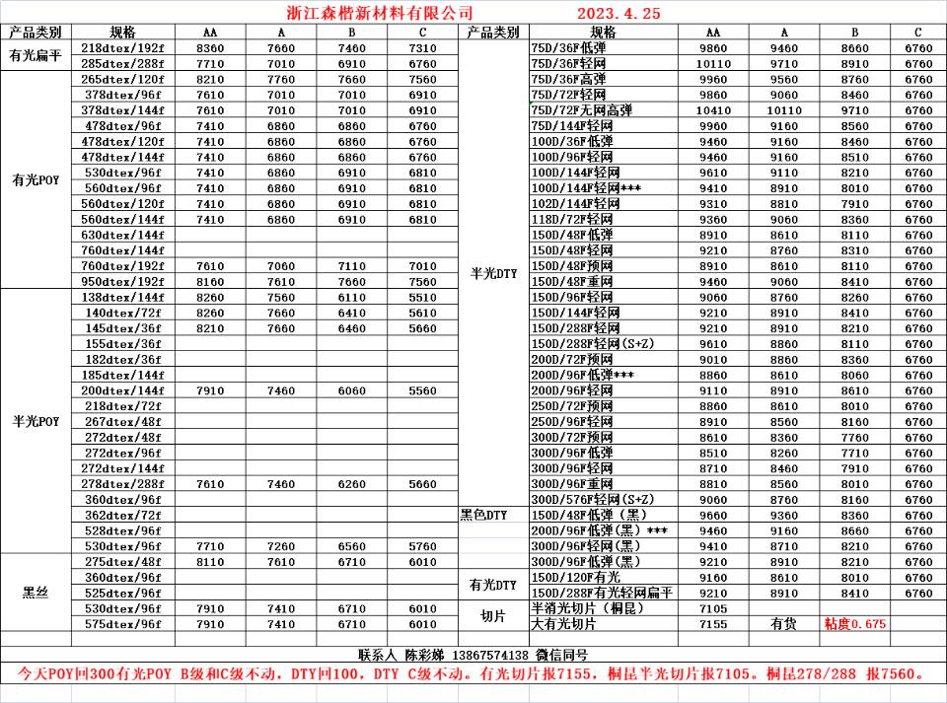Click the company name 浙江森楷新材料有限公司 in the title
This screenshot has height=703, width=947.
[372, 13]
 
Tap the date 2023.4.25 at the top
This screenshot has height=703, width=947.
[618, 13]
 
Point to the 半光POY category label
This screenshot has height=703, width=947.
[36, 421]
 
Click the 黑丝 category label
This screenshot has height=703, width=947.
[36, 593]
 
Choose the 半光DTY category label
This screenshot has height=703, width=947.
[493, 274]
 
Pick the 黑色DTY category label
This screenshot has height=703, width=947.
[483, 515]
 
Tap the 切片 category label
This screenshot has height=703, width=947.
[493, 615]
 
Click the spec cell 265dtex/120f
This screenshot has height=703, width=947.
[122, 79]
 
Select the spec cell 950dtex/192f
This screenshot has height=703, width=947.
[122, 281]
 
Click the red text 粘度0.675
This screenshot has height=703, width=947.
[854, 624]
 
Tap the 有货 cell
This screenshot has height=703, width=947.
[784, 624]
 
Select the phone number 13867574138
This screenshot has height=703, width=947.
[490, 655]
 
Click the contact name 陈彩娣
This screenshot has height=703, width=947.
[425, 655]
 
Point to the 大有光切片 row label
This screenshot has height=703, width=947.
[564, 624]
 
